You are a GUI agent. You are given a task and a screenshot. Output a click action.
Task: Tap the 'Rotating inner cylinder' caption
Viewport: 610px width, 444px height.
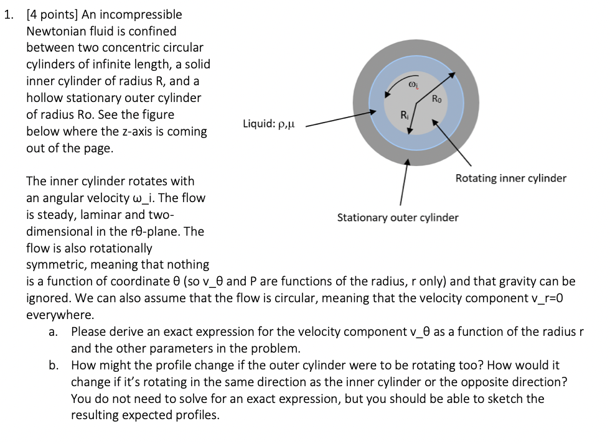tap(510, 178)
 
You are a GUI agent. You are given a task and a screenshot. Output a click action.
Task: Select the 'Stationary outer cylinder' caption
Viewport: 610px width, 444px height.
tap(398, 218)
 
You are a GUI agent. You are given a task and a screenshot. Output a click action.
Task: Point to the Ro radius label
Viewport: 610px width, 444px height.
tap(439, 98)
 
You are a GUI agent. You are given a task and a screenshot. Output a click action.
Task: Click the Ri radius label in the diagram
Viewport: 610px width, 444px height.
tap(405, 114)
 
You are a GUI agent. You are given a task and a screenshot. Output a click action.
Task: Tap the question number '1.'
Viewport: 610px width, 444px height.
tap(8, 14)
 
